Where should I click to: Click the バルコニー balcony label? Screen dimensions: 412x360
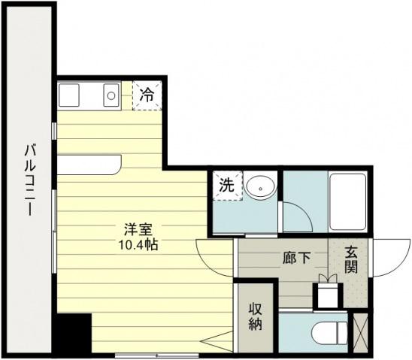pos(30,180)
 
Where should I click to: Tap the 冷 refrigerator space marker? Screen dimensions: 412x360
pos(147,95)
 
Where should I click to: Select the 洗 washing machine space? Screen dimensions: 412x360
pos(227,186)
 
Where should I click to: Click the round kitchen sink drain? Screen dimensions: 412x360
pos(111,95)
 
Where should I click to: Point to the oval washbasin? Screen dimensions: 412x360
pos(260,187)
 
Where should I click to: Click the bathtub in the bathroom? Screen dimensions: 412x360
pos(348,201)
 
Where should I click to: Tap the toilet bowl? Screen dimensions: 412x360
pos(329,333)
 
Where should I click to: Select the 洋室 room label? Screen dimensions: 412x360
pos(138,229)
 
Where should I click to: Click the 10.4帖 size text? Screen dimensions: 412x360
pos(138,245)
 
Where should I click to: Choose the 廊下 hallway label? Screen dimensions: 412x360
pos(297,258)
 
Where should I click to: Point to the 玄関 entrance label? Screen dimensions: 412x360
pos(351,260)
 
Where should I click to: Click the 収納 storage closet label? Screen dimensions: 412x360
pos(256,316)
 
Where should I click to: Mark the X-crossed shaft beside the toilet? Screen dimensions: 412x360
pos(360,333)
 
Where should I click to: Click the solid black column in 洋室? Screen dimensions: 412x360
pos(74,333)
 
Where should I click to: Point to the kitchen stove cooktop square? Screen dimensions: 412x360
pos(69,95)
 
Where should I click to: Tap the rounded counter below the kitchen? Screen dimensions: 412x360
pos(89,165)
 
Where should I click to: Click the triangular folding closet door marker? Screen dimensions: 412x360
pos(217,341)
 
